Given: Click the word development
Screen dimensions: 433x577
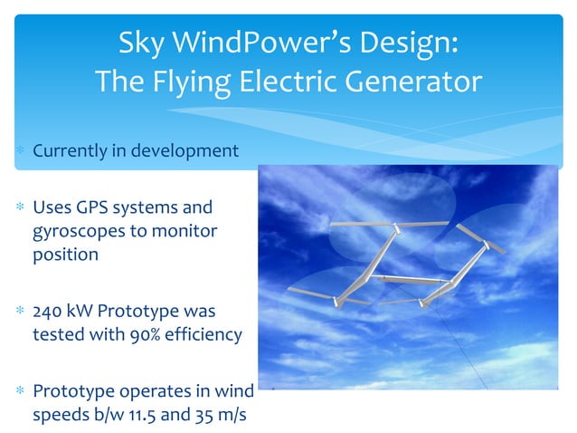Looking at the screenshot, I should pyautogui.click(x=184, y=149).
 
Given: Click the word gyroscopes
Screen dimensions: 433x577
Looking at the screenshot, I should pyautogui.click(x=80, y=230).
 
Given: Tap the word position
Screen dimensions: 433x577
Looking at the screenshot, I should pyautogui.click(x=65, y=254).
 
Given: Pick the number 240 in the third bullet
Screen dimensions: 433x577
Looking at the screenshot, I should pyautogui.click(x=49, y=311).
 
